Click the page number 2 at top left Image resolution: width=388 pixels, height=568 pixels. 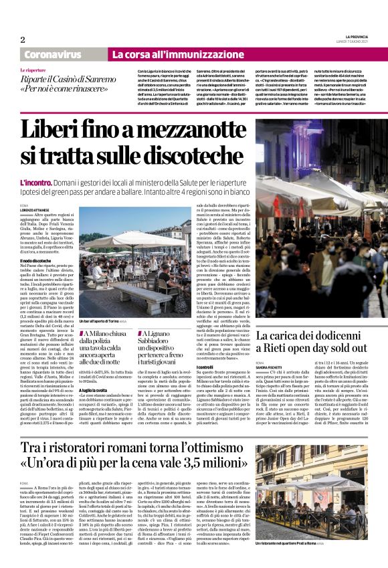coord(23,39)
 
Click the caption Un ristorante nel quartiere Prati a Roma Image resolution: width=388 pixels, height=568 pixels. coord(294,544)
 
